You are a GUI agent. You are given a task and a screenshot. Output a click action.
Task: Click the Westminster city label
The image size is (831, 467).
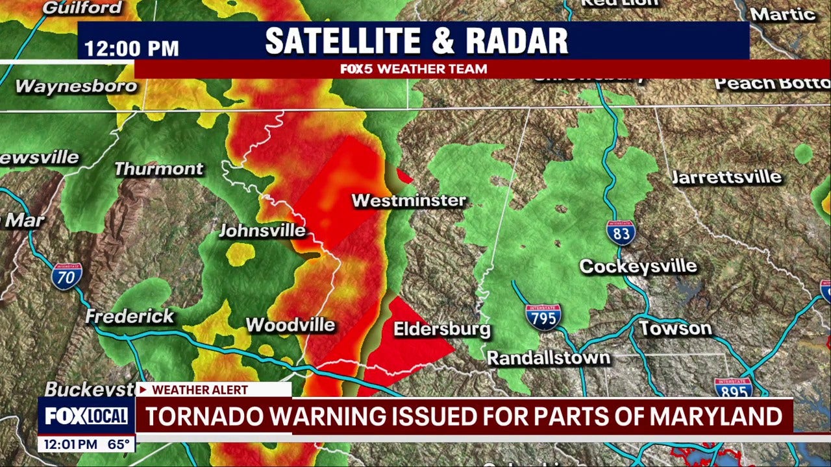[x=409, y=200]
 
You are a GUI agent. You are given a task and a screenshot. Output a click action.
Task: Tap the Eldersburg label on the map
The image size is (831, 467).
[x=441, y=329]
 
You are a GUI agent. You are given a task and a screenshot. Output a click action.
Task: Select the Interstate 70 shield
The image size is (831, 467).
[x=67, y=276]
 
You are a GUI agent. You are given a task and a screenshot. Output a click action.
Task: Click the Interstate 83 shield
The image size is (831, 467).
[x=621, y=232]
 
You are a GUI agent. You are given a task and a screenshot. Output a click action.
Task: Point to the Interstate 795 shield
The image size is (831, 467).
[x=543, y=317]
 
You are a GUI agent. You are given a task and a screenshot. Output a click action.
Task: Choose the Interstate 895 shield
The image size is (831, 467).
[x=733, y=387]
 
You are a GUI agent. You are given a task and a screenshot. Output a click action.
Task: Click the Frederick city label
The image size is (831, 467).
[x=130, y=317]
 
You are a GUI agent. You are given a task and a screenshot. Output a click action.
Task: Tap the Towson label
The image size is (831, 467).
[x=675, y=328]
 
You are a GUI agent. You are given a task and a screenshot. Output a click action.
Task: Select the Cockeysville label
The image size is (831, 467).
[x=638, y=266]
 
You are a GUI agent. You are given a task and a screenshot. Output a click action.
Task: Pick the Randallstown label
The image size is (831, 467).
[x=549, y=357]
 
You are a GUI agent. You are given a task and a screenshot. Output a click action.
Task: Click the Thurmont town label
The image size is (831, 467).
[x=159, y=169]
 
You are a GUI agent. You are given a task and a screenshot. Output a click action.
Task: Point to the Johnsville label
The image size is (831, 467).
[x=262, y=230]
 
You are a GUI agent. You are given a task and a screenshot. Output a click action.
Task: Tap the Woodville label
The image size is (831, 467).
[x=290, y=324]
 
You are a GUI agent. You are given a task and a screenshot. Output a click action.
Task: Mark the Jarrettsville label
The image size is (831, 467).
[x=726, y=177]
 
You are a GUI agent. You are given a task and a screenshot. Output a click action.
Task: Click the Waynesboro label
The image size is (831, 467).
[x=76, y=86]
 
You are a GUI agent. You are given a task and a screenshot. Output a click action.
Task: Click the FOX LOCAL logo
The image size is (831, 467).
[x=86, y=416]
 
